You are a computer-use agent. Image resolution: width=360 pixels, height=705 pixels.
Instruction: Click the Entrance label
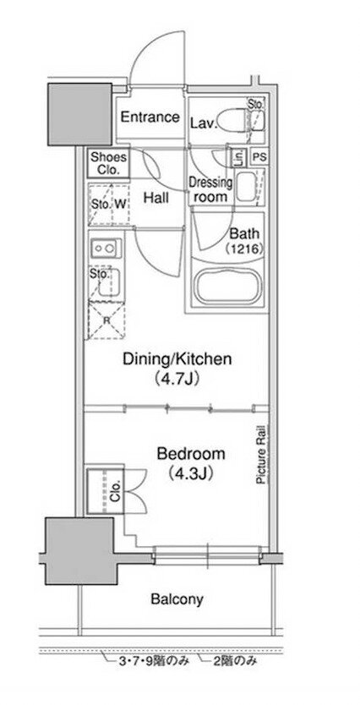pyautogui.click(x=150, y=117)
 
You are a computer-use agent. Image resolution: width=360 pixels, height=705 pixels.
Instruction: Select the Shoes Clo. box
pyautogui.click(x=108, y=164)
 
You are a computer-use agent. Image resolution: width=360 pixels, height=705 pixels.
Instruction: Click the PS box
pyautogui.click(x=259, y=157)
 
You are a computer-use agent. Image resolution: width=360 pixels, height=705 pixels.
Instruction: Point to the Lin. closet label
pyautogui.click(x=238, y=157)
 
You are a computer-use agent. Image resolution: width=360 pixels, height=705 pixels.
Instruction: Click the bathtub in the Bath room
pyautogui.click(x=230, y=287)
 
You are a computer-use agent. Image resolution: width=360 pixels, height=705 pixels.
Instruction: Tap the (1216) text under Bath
pyautogui.click(x=243, y=249)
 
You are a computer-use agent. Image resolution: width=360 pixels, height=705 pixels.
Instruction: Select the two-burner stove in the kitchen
pyautogui.click(x=106, y=249)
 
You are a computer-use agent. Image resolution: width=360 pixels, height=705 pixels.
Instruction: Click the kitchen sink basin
pyautogui.click(x=109, y=282)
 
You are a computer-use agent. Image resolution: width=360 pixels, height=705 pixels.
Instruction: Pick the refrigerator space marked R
pyautogui.click(x=106, y=320)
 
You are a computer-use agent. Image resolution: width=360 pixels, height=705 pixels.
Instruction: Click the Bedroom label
pyautogui.click(x=190, y=454)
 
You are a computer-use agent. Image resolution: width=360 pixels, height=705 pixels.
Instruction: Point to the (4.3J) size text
pyautogui.click(x=190, y=474)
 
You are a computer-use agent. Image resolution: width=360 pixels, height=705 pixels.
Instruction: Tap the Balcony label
pyautogui.click(x=177, y=598)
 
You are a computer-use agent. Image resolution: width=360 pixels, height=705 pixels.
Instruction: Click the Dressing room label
pyautogui.click(x=210, y=189)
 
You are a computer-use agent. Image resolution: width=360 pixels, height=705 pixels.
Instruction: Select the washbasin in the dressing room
pyautogui.click(x=246, y=187)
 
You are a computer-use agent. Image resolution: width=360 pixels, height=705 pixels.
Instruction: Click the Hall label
pyautogui.click(x=156, y=197)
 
